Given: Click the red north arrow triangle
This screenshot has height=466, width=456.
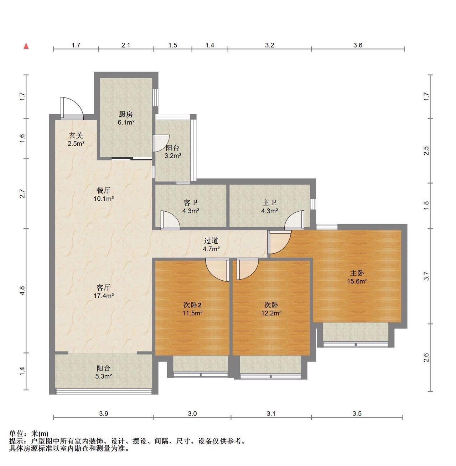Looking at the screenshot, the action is tap(26, 46).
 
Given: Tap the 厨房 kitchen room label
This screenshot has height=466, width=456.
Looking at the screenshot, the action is tap(126, 114).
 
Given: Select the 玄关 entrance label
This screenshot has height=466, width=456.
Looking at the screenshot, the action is tap(76, 136).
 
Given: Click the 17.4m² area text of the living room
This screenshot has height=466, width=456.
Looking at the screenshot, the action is tap(103, 296).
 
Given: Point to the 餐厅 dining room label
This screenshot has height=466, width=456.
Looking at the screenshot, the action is tap(103, 190).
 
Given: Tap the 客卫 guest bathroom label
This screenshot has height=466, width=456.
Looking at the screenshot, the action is tap(191, 203).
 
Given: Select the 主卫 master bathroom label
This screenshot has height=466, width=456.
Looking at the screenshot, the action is tap(269, 203).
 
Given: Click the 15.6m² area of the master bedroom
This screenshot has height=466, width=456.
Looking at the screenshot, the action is tap(357, 281).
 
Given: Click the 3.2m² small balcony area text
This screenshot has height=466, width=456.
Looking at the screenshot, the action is tap(172, 156).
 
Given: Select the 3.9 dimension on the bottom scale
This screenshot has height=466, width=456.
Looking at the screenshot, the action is tap(103, 414).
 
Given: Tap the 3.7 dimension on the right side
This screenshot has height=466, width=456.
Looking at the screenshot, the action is tap(426, 276).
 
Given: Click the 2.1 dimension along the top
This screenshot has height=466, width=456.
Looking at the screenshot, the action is tap(126, 45).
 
